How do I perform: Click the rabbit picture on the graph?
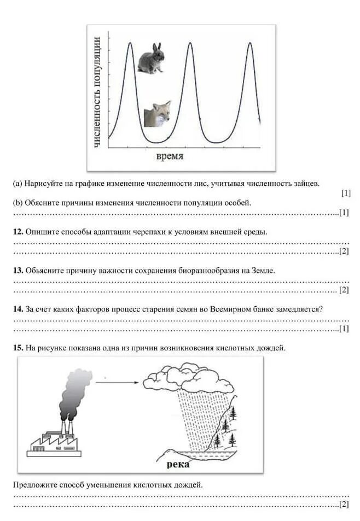(150, 59)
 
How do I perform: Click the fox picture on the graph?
(158, 114)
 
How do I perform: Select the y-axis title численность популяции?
(97, 91)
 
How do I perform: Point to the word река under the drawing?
(178, 464)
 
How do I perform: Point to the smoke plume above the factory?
(73, 391)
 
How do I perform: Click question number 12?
(18, 232)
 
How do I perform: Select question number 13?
(18, 271)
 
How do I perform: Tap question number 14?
(18, 309)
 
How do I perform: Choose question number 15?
(18, 348)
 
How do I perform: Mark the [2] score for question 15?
(344, 504)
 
